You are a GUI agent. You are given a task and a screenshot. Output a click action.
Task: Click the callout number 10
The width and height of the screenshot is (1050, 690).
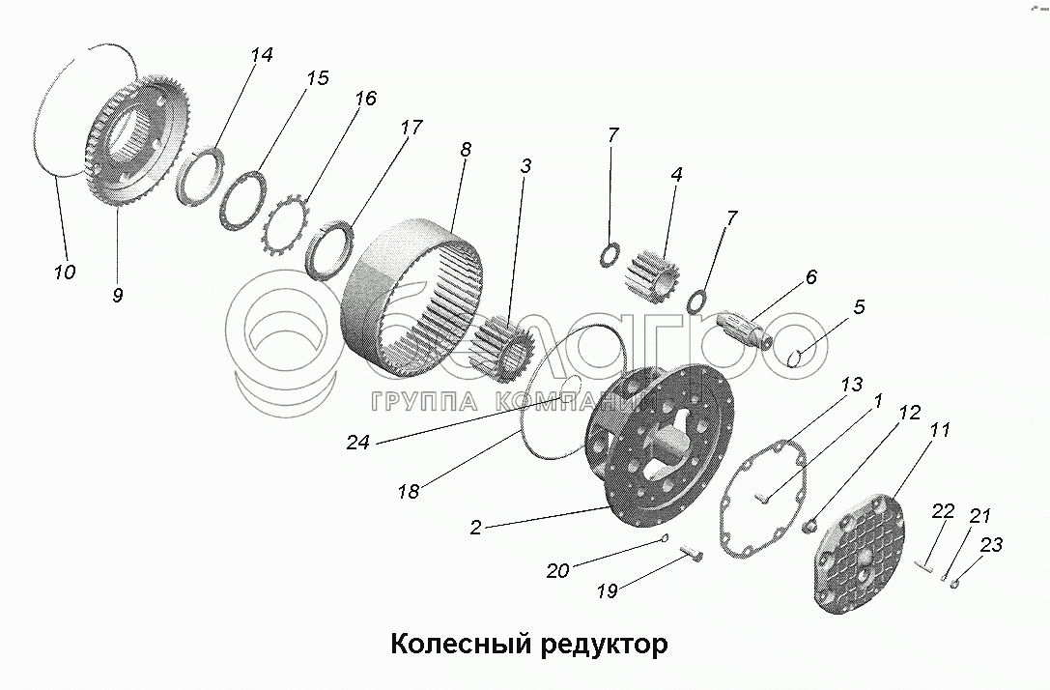click(64, 273)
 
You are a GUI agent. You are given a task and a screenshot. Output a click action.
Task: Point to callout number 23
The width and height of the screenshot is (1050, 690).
click(991, 545)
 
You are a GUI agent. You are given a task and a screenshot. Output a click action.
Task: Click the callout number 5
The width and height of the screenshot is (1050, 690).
click(859, 307)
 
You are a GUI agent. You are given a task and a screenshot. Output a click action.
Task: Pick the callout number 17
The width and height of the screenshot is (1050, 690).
click(411, 127)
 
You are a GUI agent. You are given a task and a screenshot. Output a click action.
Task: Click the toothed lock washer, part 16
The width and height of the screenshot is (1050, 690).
click(286, 224)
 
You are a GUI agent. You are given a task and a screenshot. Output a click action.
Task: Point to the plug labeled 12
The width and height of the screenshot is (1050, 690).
click(811, 526)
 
